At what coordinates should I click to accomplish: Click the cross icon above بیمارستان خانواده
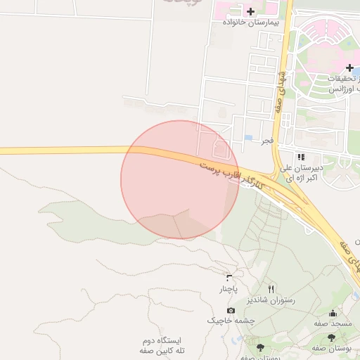click(x=250, y=11)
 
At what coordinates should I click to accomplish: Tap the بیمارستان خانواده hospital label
click(x=251, y=22)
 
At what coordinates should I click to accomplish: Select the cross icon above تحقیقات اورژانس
click(x=349, y=67)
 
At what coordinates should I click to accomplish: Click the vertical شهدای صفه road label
click(x=281, y=91)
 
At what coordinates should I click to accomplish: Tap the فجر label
click(x=267, y=141)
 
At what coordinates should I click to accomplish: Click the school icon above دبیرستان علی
click(x=301, y=157)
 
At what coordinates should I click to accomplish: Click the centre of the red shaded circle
click(x=180, y=179)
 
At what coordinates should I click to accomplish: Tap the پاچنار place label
click(x=227, y=289)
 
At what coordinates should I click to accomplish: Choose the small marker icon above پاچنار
click(x=228, y=277)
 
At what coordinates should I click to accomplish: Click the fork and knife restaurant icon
click(x=271, y=288)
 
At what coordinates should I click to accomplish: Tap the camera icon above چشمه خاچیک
click(x=231, y=310)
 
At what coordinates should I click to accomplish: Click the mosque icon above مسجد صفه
click(x=333, y=313)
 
